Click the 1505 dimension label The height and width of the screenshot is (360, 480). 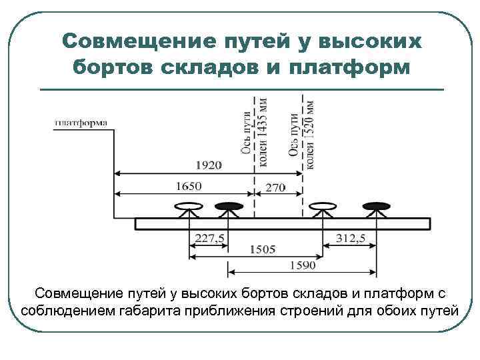263,250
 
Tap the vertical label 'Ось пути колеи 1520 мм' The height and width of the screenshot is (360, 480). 302,130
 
